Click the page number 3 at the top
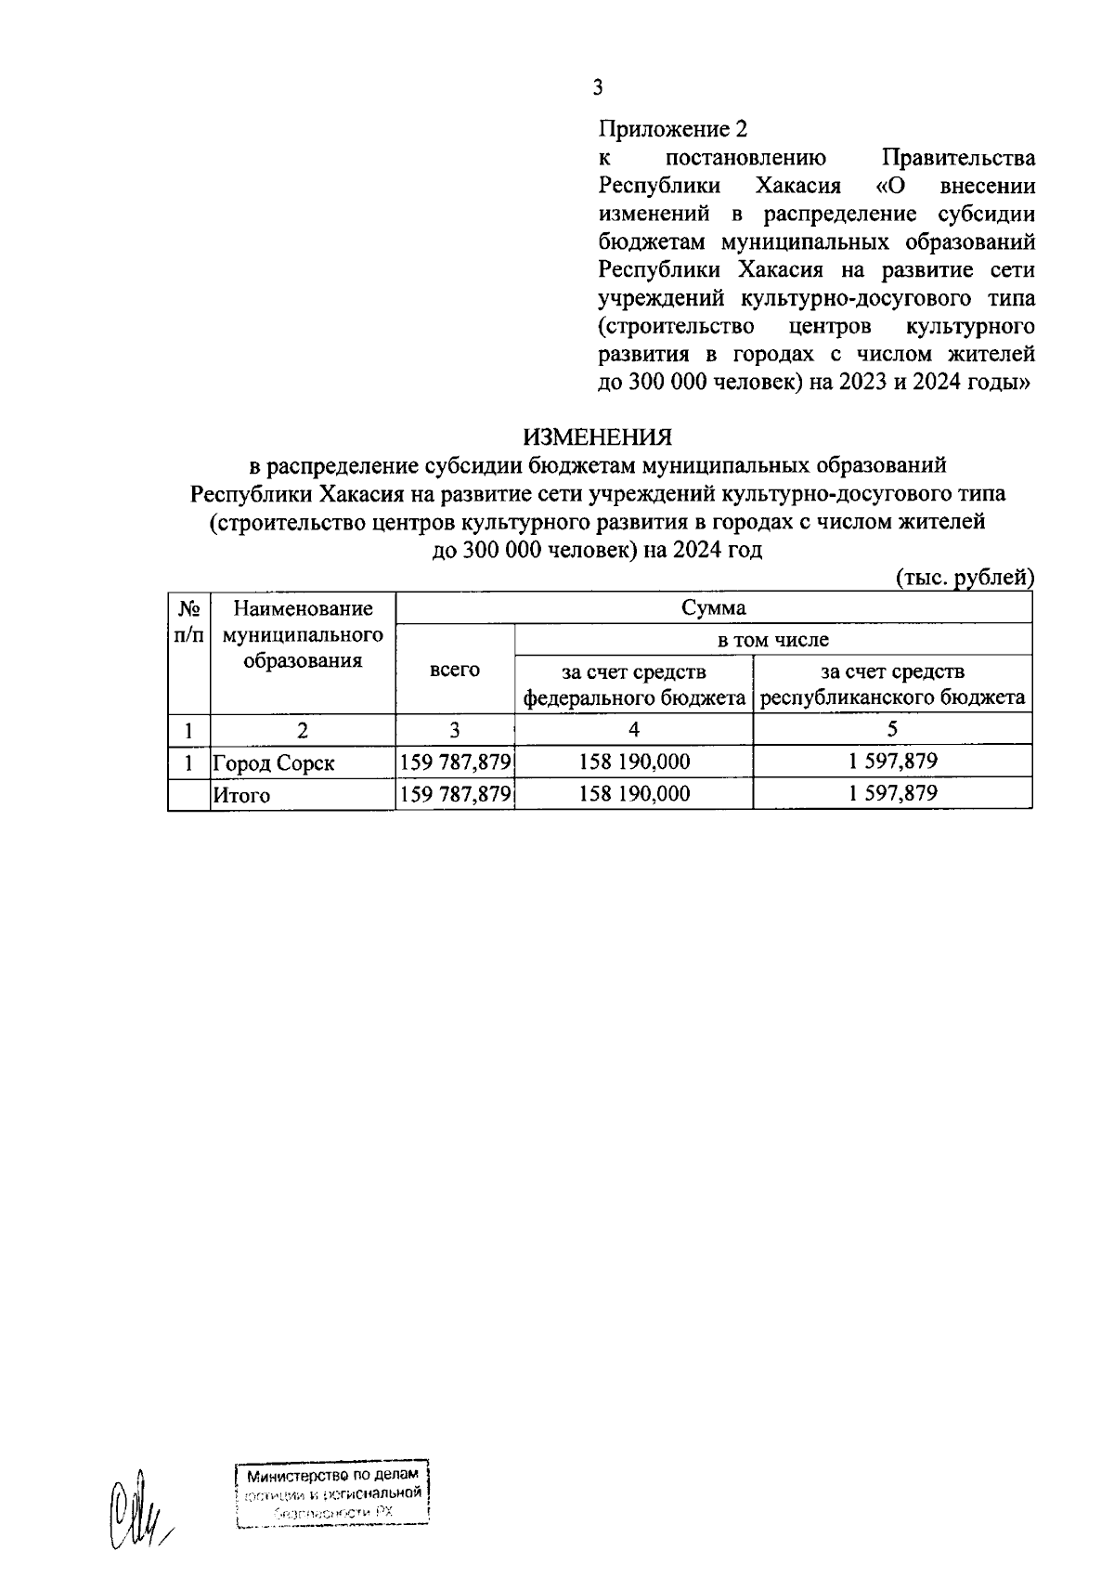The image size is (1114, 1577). (598, 88)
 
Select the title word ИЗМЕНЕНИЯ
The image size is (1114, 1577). (597, 437)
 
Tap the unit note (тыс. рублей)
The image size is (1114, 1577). (964, 578)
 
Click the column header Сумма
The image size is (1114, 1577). (713, 608)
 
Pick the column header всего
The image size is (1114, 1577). (454, 669)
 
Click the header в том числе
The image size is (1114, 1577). (772, 639)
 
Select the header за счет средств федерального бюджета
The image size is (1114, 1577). (634, 684)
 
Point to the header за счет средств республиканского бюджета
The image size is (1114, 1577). (892, 684)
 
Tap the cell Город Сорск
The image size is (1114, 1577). (274, 763)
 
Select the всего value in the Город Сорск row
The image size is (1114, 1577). (455, 762)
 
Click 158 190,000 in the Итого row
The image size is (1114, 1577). (634, 794)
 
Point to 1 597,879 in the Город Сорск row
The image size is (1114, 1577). (892, 762)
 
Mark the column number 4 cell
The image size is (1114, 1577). (634, 730)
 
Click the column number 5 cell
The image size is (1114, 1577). (892, 730)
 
